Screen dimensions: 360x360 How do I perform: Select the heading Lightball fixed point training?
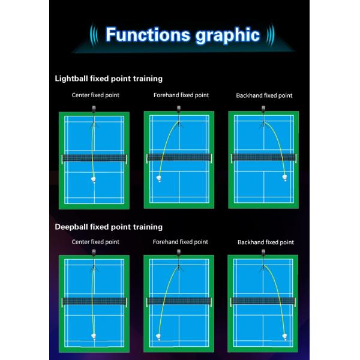(109, 79)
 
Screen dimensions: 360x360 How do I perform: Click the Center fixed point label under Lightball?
(95, 95)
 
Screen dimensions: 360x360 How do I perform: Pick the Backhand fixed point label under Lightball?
(265, 95)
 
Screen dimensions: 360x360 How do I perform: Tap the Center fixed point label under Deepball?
(95, 242)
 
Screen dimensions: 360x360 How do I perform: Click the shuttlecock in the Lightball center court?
(94, 179)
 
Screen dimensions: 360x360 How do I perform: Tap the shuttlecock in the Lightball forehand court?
(159, 179)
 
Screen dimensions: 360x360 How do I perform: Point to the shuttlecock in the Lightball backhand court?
(284, 177)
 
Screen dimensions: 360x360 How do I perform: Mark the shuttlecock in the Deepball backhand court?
(284, 337)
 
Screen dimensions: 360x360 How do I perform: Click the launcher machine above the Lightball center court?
(94, 109)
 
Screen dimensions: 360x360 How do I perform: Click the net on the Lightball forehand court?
(178, 158)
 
